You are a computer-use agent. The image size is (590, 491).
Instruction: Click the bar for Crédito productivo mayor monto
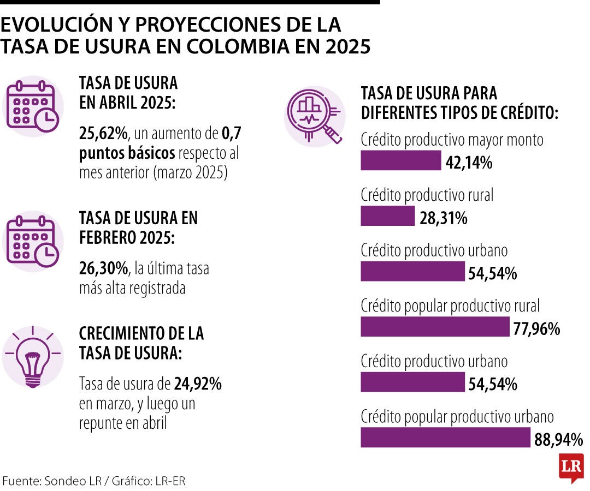(x=400, y=160)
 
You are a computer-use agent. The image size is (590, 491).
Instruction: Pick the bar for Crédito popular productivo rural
(x=435, y=327)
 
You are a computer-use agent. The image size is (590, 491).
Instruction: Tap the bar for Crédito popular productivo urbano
(x=445, y=438)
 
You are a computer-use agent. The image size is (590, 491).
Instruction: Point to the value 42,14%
(x=469, y=162)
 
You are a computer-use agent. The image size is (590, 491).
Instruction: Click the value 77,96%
(x=536, y=328)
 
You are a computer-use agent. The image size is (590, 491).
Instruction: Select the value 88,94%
(x=558, y=439)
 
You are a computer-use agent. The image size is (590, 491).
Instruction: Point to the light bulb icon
(x=33, y=357)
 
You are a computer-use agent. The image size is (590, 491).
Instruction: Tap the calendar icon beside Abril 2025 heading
(x=33, y=106)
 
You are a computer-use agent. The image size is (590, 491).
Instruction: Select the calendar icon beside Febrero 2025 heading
(x=33, y=241)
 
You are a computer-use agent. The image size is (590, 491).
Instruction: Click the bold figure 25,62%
(x=103, y=133)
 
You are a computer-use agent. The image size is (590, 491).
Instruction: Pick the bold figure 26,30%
(x=103, y=268)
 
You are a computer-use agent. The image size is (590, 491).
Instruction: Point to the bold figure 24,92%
(x=198, y=384)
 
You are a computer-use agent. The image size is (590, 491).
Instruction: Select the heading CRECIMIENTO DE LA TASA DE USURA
(x=141, y=343)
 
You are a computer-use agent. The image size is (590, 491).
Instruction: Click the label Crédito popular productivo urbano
(x=457, y=417)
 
